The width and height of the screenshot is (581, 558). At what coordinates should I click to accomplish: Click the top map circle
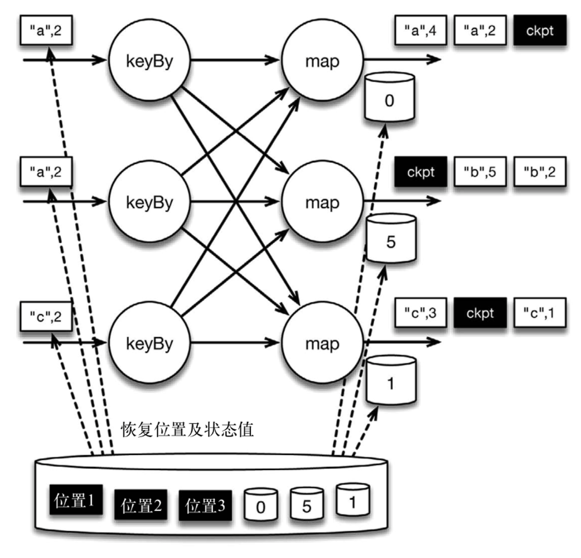click(x=322, y=60)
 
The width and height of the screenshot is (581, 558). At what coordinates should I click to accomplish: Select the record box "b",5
click(x=480, y=171)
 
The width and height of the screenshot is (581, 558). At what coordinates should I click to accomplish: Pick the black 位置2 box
click(x=141, y=506)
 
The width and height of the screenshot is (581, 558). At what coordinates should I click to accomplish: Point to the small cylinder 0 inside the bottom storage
click(x=261, y=506)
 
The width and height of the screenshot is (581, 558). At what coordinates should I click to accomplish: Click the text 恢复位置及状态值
click(x=187, y=430)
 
